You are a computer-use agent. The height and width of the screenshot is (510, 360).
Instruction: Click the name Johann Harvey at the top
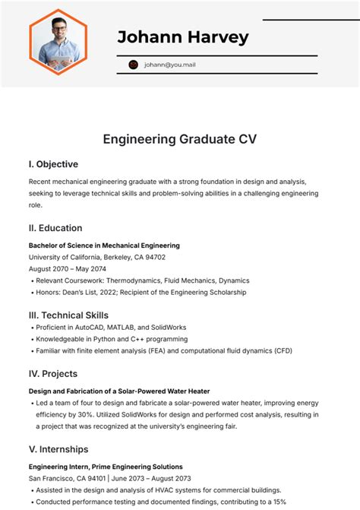point(183,36)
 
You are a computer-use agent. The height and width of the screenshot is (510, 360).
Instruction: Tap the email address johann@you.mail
point(170,65)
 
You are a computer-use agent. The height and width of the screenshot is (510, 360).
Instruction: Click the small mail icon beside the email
point(134,65)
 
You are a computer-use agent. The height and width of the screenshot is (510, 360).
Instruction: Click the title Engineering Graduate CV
point(180,139)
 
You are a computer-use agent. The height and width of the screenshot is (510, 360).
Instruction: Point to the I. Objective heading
point(53,164)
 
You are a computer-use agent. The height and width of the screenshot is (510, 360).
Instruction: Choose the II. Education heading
point(55,228)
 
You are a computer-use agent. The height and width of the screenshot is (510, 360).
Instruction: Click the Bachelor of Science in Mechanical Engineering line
point(104,245)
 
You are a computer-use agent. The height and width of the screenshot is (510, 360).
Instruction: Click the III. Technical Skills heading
point(68,315)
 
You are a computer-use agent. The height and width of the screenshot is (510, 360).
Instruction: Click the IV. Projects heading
point(53,373)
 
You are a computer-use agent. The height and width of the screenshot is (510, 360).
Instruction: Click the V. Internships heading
point(58,449)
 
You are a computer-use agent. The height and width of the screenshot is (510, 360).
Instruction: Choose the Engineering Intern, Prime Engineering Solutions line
point(106,467)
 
